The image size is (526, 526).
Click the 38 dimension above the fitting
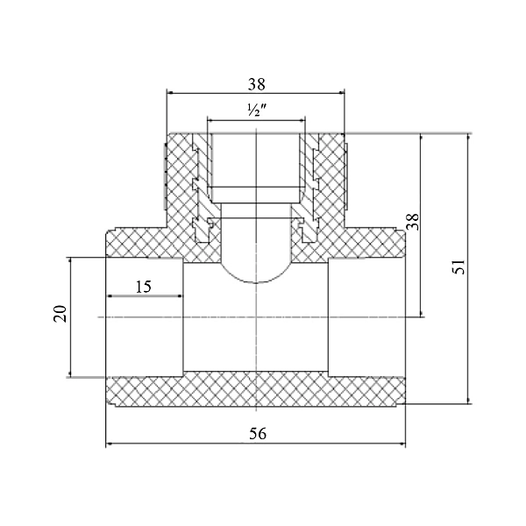[256, 84]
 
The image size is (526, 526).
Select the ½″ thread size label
[255, 111]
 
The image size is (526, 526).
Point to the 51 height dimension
[458, 268]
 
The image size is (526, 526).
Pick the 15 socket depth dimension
[144, 286]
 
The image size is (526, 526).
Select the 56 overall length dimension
[256, 433]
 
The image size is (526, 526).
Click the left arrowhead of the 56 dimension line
[110, 444]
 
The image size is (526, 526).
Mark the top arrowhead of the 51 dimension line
[467, 138]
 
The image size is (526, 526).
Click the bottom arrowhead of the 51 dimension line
[467, 401]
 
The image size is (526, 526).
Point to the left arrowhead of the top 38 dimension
[171, 93]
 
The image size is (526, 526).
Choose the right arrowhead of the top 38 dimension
[341, 93]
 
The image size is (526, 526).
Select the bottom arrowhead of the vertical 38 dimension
[423, 313]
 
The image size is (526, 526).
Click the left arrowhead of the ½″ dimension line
[210, 120]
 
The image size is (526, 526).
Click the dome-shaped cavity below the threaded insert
[256, 259]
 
